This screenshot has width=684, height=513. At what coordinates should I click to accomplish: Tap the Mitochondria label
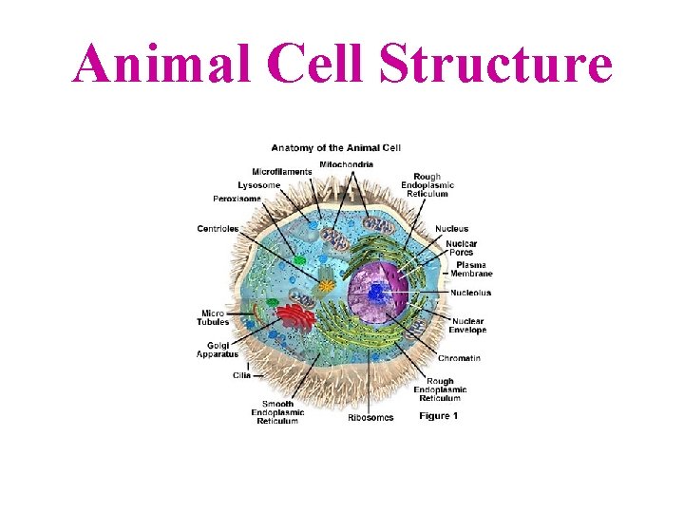click(346, 164)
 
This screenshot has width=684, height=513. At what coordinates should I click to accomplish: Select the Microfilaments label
click(281, 172)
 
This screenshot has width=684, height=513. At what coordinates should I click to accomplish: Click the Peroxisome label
click(237, 199)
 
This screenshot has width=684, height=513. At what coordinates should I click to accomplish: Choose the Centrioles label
click(218, 228)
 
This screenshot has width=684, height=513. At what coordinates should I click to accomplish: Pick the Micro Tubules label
click(213, 317)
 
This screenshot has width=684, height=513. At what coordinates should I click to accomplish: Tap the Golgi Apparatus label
click(218, 350)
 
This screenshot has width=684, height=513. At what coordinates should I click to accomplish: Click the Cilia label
click(241, 375)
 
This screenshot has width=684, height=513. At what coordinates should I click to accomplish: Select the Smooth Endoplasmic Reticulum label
click(277, 412)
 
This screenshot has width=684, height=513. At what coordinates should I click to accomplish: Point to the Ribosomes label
click(370, 418)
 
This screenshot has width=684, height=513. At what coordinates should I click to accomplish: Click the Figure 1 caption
click(439, 416)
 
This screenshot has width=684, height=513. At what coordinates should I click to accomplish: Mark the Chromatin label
click(459, 358)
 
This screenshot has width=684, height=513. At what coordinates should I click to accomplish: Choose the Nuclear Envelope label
click(468, 326)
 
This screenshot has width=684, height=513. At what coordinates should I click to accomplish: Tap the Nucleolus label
click(470, 293)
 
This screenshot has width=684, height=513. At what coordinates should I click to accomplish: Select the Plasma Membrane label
click(471, 269)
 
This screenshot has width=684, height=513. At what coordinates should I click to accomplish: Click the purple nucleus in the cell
click(377, 293)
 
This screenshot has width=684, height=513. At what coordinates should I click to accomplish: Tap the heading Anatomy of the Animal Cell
click(337, 148)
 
